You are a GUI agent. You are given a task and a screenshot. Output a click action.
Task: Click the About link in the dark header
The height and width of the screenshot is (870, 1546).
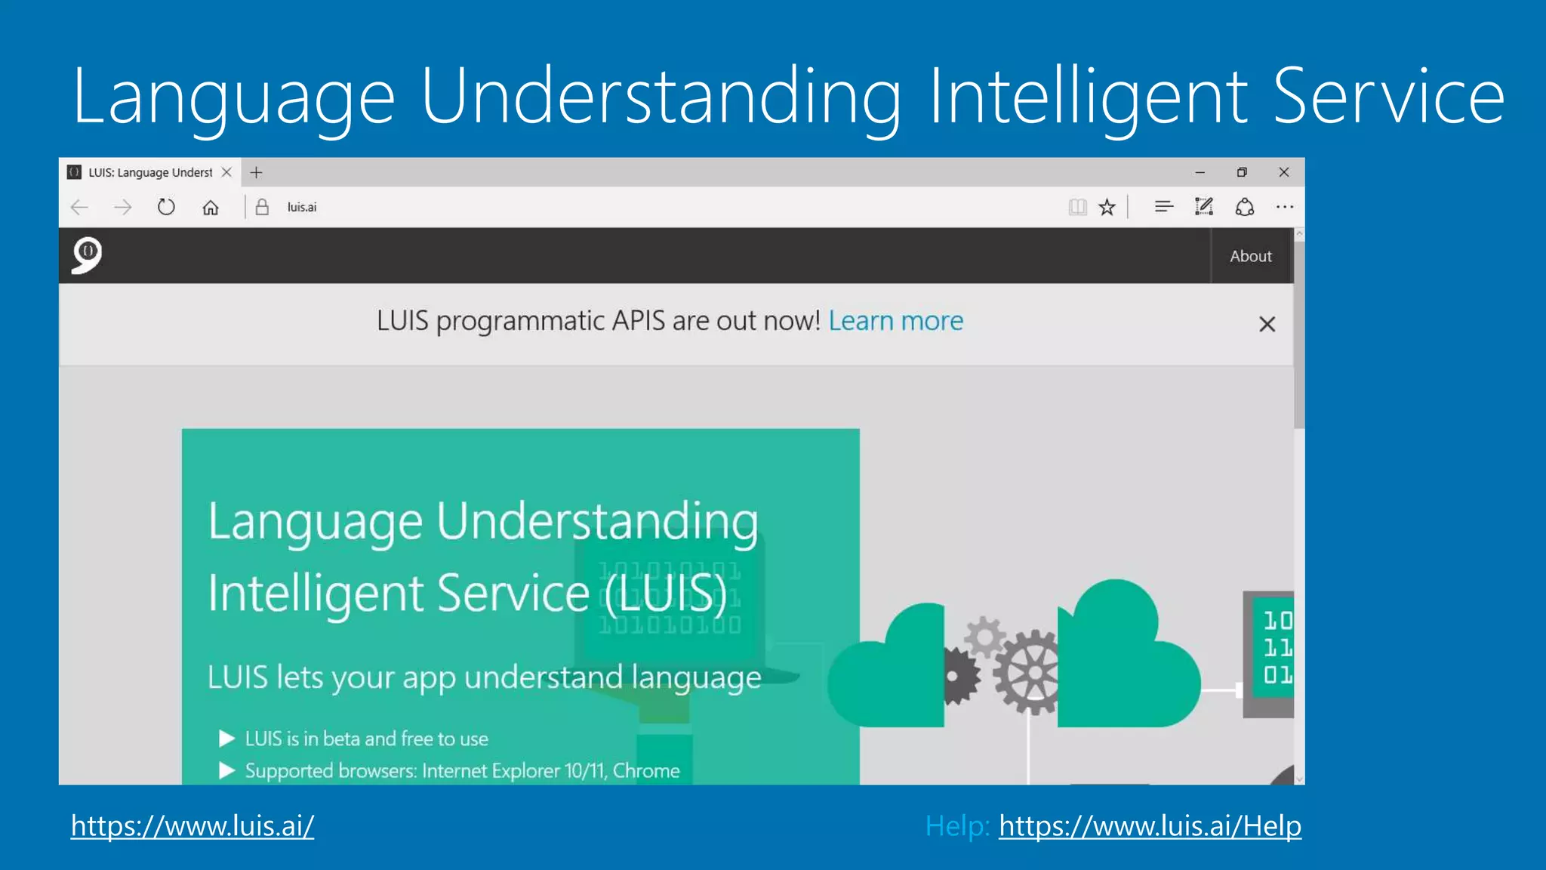1250,256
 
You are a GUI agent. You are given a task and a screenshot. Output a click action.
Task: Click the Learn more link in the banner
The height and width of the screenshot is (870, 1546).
895,321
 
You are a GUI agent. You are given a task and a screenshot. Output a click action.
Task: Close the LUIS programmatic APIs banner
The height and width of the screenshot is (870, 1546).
1267,324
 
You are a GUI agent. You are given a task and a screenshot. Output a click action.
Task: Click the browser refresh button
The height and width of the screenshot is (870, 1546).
166,207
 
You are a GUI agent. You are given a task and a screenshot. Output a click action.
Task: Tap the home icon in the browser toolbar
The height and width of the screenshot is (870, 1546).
211,207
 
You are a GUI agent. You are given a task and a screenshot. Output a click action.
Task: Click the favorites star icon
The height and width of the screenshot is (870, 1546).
1107,207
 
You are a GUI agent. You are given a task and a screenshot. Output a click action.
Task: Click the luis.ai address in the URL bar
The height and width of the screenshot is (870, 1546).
302,207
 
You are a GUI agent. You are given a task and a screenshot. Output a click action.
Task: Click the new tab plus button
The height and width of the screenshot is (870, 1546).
257,172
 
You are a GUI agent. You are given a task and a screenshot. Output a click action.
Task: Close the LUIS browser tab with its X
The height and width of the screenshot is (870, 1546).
226,172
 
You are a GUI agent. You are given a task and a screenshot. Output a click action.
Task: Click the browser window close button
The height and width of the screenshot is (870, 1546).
1283,172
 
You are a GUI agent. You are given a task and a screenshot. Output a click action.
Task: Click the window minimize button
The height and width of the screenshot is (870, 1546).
1200,172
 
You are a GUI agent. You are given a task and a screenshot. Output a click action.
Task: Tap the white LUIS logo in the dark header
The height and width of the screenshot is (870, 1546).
87,255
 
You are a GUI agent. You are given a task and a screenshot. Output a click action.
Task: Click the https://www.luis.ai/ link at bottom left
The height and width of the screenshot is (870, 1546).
192,825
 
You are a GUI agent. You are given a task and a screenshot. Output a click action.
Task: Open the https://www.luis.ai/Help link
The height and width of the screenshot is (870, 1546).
1150,825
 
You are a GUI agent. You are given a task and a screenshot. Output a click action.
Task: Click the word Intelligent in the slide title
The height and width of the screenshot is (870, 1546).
1087,97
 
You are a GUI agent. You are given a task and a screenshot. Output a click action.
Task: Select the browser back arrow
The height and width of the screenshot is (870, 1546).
79,207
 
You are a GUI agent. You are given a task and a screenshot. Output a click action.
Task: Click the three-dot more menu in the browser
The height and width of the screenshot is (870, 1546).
1284,207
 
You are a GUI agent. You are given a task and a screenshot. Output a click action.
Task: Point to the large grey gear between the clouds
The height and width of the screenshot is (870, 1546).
1030,672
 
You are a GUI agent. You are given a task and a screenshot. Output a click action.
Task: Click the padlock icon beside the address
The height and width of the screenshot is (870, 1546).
262,207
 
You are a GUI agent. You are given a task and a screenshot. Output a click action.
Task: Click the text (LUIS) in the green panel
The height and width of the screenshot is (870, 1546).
666,594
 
